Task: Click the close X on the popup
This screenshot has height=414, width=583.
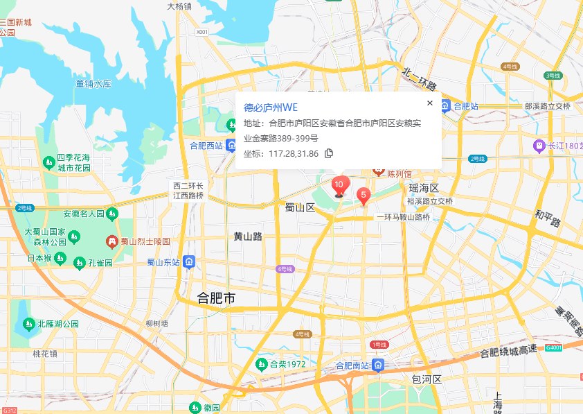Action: click(429, 103)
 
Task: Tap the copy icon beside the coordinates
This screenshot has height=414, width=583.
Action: click(329, 153)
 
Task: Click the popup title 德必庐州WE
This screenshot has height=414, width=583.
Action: click(270, 107)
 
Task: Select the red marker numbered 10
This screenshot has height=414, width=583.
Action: click(339, 187)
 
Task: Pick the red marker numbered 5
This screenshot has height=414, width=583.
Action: click(363, 196)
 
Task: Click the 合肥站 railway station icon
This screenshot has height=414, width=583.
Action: click(445, 106)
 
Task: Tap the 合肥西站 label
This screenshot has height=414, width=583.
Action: click(206, 146)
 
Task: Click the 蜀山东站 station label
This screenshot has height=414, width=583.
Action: click(163, 262)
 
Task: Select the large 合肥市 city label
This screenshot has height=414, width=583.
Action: click(217, 298)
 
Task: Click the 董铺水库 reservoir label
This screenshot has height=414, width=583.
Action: click(94, 84)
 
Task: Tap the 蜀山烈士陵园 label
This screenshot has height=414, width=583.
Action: click(145, 241)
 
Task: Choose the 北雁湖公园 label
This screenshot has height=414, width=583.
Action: click(58, 324)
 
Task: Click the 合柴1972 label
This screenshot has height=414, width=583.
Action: click(287, 364)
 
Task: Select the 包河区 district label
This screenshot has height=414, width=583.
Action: click(427, 379)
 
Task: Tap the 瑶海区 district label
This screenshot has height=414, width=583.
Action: click(424, 189)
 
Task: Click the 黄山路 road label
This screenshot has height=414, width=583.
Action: click(248, 236)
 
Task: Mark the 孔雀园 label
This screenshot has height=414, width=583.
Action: click(100, 264)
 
